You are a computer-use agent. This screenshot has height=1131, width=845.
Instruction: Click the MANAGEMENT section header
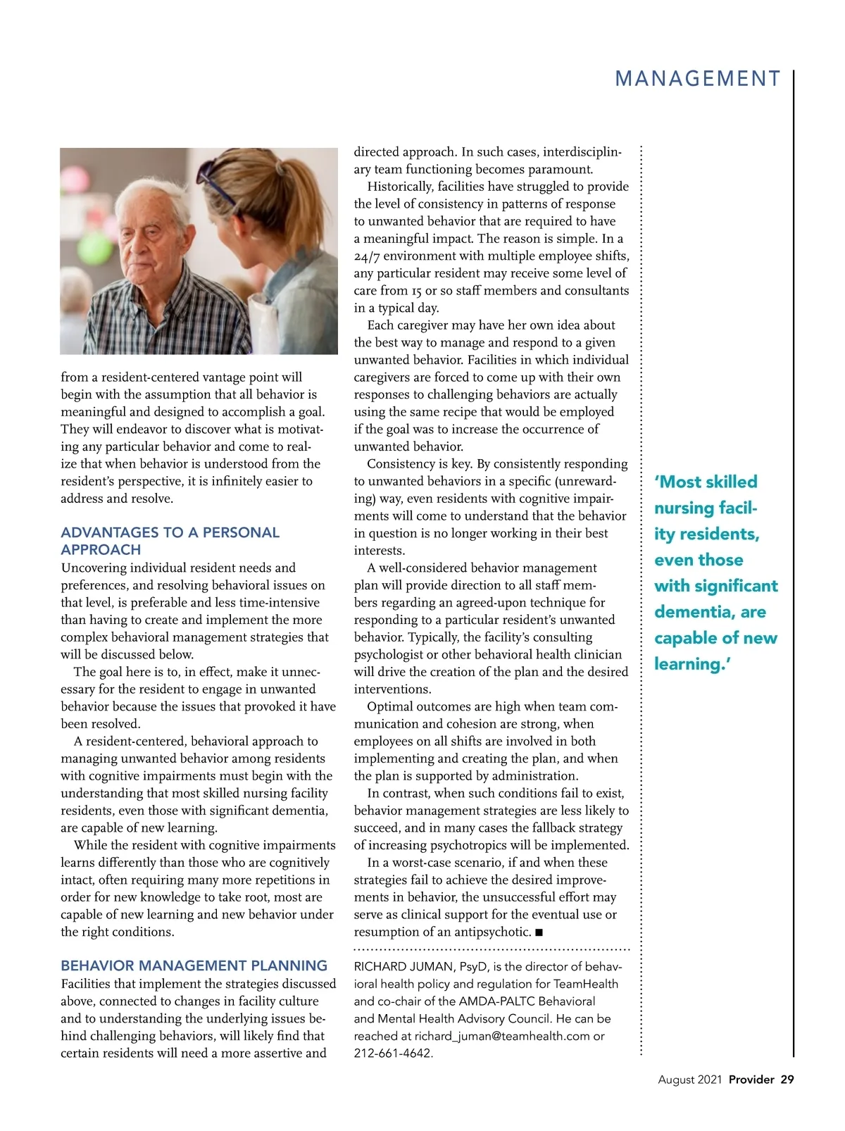click(x=698, y=79)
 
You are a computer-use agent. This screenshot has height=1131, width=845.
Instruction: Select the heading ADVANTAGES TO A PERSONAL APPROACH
click(x=170, y=541)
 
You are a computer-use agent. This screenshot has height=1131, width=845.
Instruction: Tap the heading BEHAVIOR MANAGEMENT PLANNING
click(x=194, y=966)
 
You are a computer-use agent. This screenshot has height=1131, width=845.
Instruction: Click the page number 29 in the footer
click(x=787, y=1080)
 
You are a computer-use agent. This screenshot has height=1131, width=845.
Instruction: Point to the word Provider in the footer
click(x=751, y=1080)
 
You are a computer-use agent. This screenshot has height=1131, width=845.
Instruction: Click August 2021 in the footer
click(x=689, y=1080)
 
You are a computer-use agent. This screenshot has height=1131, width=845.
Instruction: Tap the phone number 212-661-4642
click(x=393, y=1054)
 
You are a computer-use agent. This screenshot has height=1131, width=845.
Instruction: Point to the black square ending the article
click(x=539, y=932)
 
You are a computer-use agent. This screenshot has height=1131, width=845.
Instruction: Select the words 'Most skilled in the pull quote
click(x=706, y=482)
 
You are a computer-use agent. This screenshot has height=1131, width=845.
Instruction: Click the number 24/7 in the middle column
click(x=366, y=256)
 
